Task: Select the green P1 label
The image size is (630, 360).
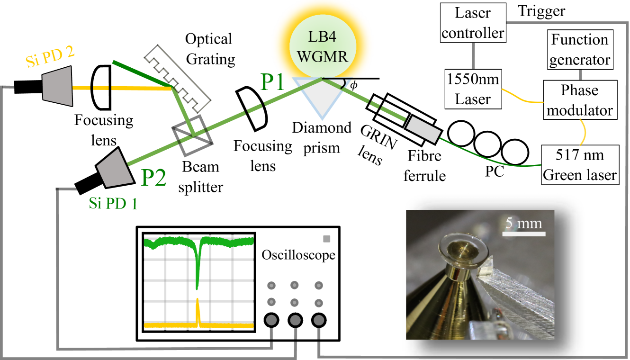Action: tap(272, 82)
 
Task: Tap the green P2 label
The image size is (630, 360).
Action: tap(154, 178)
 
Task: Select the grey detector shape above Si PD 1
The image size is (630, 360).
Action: tap(116, 168)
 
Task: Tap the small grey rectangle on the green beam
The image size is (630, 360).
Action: tap(423, 129)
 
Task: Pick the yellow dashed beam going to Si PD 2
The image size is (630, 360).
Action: tap(118, 88)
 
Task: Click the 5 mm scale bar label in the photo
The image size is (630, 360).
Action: tap(523, 223)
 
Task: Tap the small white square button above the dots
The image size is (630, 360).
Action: tap(326, 239)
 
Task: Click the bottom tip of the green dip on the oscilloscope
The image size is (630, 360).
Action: tap(197, 288)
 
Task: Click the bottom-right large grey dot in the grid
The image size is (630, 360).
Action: tap(319, 321)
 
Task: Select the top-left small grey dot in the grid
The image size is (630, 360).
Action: tap(271, 286)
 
